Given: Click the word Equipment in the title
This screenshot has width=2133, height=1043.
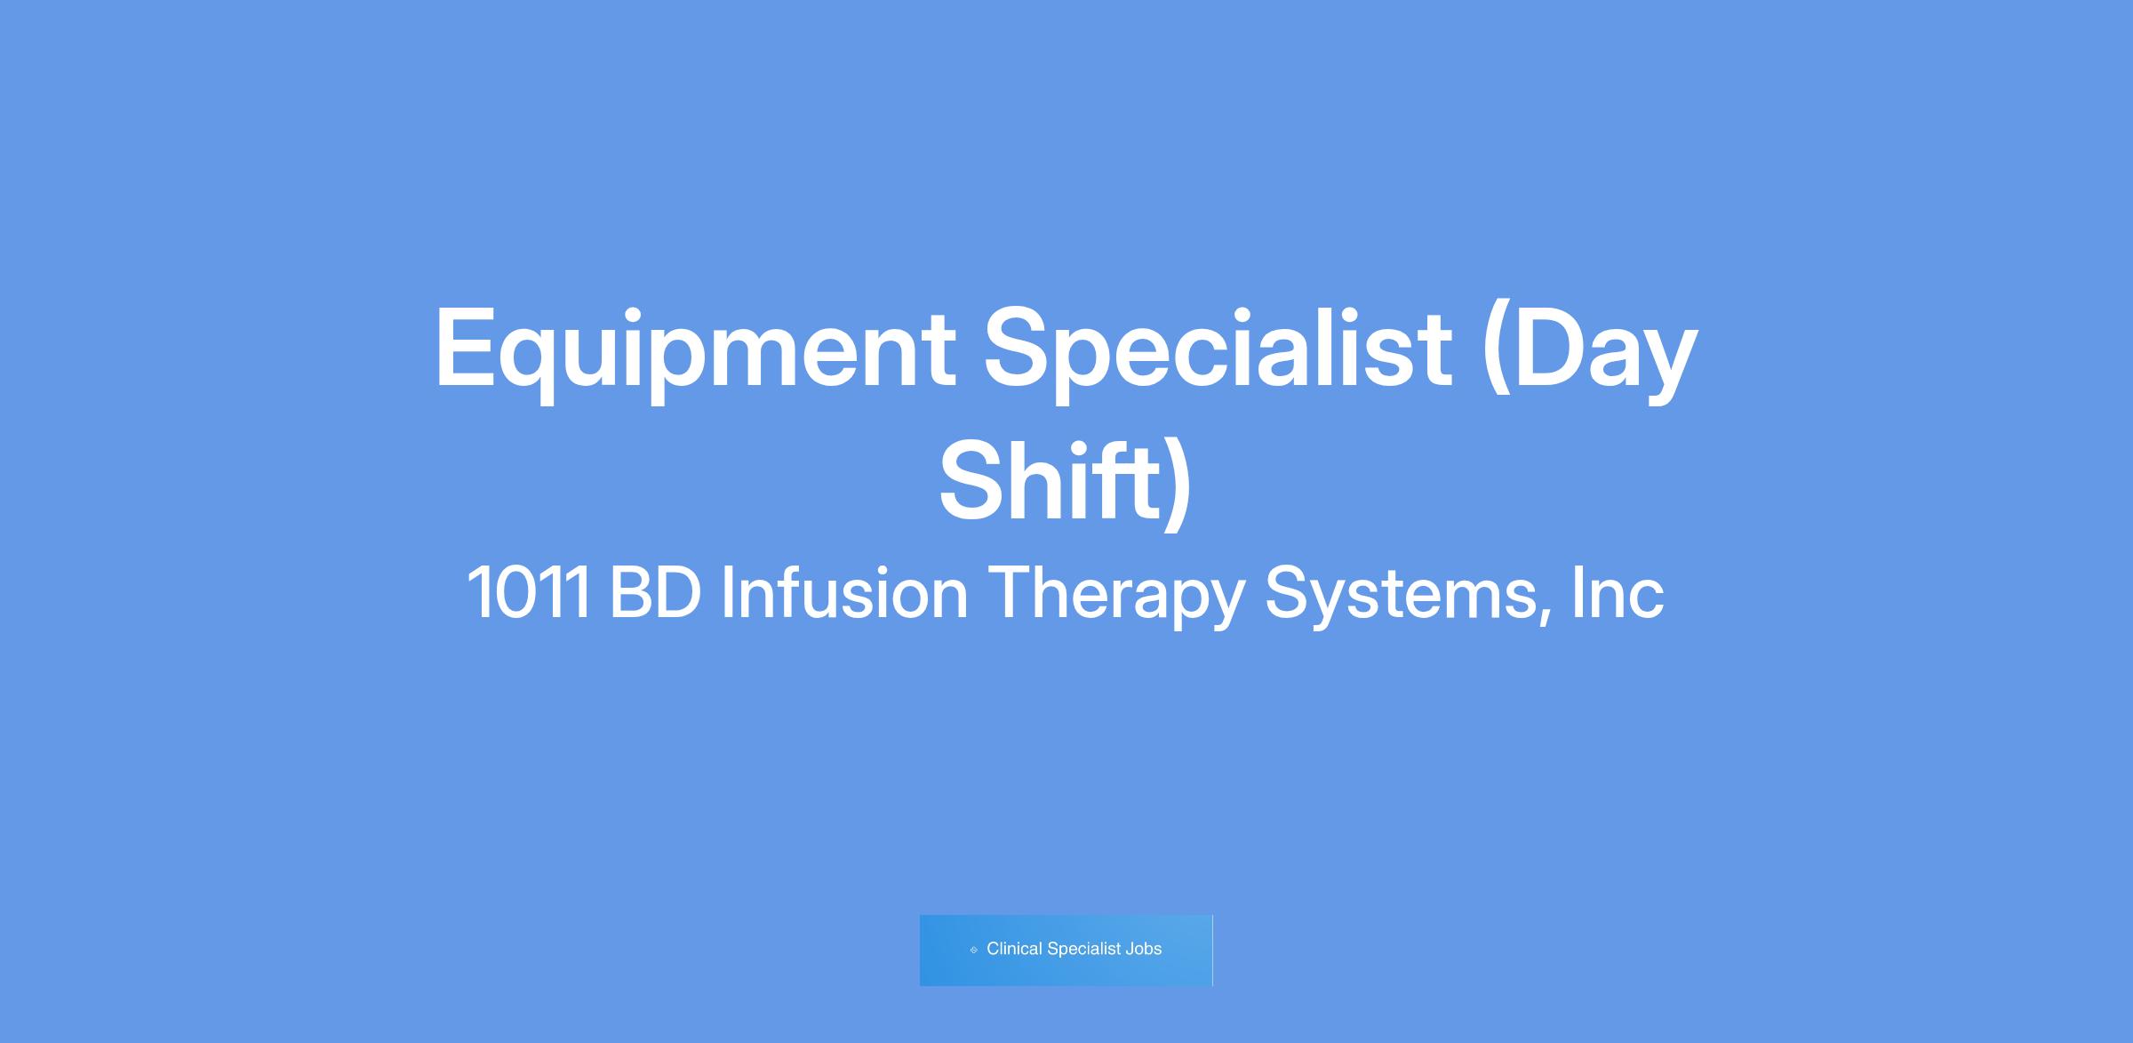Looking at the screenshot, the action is pyautogui.click(x=695, y=351).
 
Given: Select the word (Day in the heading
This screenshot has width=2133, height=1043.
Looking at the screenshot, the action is pyautogui.click(x=1590, y=351).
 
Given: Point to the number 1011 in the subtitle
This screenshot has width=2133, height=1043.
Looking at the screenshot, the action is pyautogui.click(x=528, y=593).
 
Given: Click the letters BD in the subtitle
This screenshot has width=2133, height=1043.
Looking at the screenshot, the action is pyautogui.click(x=656, y=593).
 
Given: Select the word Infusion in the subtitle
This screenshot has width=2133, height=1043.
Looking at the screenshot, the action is pyautogui.click(x=844, y=592).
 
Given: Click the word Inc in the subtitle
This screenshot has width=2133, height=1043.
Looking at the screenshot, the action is pyautogui.click(x=1618, y=592).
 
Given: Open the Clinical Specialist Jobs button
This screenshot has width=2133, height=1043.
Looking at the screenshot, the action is pyautogui.click(x=1066, y=950).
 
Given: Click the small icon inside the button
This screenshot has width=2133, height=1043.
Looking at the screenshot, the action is pyautogui.click(x=973, y=950).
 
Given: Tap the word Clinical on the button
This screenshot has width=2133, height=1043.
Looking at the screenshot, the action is pyautogui.click(x=1014, y=949).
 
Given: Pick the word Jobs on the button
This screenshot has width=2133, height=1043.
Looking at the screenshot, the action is pyautogui.click(x=1144, y=949).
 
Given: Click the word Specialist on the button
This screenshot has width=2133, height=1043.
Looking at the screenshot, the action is pyautogui.click(x=1084, y=949).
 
